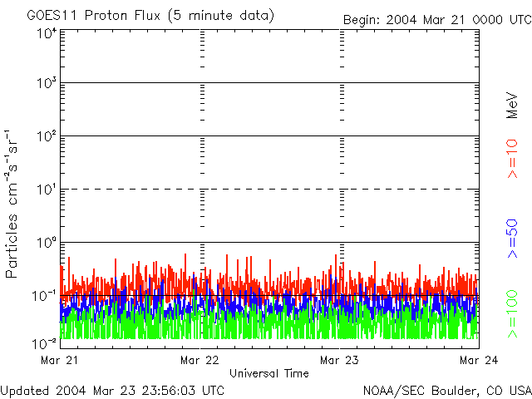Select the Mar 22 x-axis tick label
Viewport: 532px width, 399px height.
pos(199,360)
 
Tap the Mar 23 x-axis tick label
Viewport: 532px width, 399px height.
pos(340,360)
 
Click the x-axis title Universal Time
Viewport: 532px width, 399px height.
pos(269,373)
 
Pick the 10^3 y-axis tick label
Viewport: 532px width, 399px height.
pos(46,84)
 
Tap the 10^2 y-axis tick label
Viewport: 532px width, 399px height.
pos(46,137)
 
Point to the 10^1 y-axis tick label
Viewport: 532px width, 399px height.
pos(46,190)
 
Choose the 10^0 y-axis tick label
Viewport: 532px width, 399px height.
pos(46,243)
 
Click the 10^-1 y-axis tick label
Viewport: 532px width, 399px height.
pos(44,296)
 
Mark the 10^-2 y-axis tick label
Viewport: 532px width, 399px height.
pos(44,342)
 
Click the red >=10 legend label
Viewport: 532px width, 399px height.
pos(513,158)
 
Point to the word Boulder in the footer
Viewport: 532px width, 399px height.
pos(456,390)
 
